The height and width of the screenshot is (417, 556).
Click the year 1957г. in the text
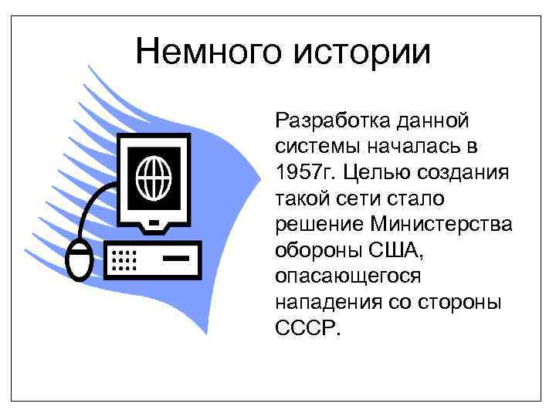[303, 171]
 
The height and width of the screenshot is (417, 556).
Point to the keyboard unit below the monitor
[154, 259]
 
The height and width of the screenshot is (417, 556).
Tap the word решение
[318, 224]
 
